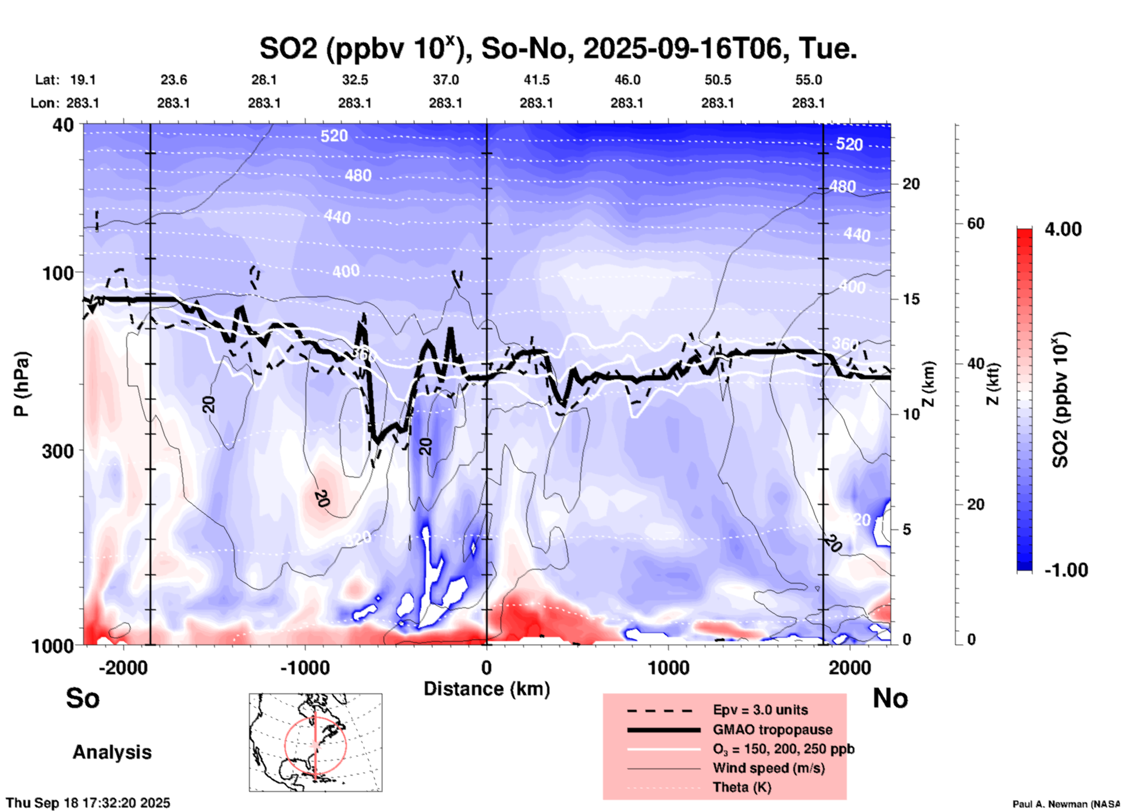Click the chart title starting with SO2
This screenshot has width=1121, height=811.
pos(558,49)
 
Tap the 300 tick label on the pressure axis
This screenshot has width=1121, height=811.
pos(58,451)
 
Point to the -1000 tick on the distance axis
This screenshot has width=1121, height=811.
pos(304,668)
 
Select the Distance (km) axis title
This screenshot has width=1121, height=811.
pos(487,689)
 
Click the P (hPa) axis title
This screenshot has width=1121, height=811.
pos(22,384)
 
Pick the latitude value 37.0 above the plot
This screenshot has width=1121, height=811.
pos(445,80)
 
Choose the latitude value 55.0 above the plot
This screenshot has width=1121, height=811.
pos(808,80)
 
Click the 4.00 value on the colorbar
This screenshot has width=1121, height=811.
pos(1063,229)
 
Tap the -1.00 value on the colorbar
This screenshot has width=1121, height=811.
pos(1066,570)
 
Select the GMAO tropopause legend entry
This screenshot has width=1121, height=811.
pos(772,730)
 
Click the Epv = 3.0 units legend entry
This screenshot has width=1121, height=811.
pos(760,710)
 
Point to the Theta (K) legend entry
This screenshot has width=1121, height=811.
pos(742,787)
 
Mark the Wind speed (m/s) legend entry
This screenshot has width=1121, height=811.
pos(768,768)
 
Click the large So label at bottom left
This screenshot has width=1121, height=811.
pos(83,698)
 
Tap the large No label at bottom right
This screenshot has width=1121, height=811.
pos(890,698)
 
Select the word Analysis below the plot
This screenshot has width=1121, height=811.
pos(112,752)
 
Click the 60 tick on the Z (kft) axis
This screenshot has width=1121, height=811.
pos(975,223)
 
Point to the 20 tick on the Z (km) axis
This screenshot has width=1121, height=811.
pos(911,184)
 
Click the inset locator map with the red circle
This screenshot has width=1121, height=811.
pos(315,742)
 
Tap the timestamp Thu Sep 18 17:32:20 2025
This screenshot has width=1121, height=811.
pos(88,803)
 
